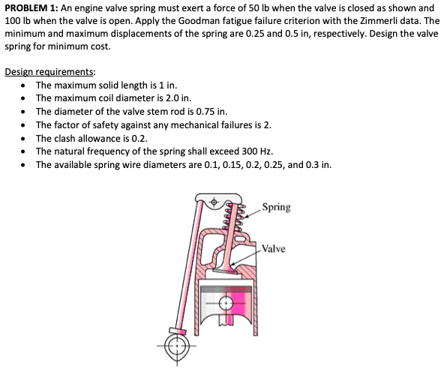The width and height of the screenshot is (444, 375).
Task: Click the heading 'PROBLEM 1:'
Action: (31, 6)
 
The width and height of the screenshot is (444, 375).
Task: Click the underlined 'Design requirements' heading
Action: (49, 72)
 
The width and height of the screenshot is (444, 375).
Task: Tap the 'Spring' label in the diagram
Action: (277, 207)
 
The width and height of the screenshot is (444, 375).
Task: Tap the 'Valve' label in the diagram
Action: (275, 249)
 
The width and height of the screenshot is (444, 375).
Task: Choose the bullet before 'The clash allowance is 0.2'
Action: (25, 138)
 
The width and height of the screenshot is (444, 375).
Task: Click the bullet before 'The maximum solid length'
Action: (25, 84)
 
